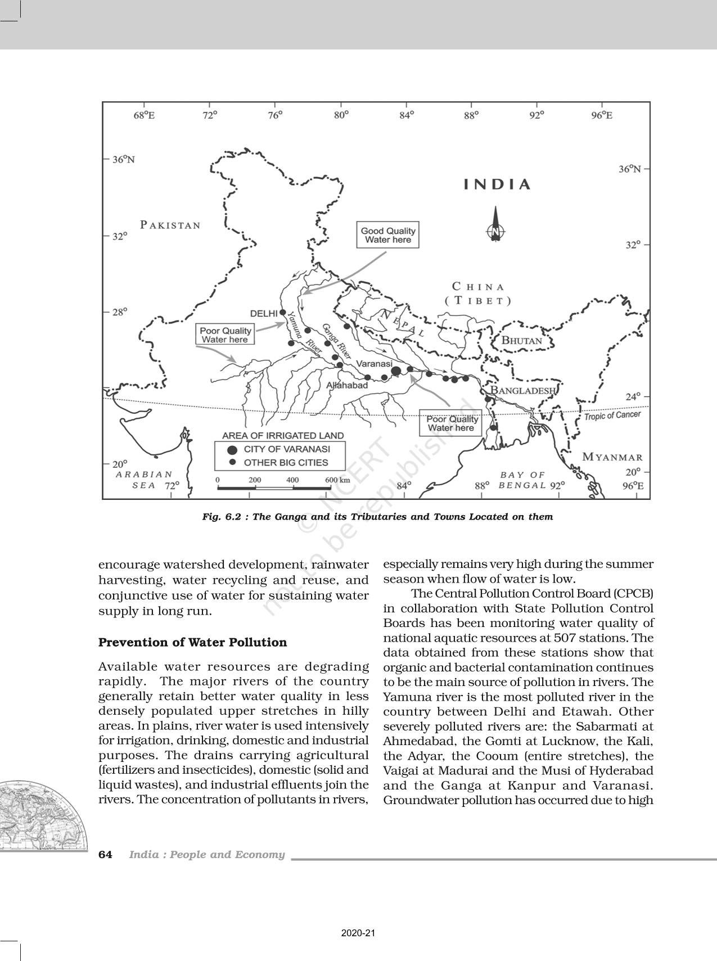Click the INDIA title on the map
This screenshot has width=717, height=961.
coord(497,184)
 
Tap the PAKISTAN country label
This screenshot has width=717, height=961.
coord(170,225)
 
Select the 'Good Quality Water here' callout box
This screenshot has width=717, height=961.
coord(388,235)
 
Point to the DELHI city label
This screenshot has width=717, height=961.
coord(264,313)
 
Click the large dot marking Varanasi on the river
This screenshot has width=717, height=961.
coord(396,371)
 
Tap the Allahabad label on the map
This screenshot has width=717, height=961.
coord(347,385)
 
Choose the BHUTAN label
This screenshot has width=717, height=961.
coord(521,340)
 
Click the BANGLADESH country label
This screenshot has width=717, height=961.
coord(523,390)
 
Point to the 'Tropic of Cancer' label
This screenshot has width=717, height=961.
coord(612,416)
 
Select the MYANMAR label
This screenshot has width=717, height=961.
coord(612,457)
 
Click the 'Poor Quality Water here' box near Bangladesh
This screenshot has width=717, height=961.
coord(450,423)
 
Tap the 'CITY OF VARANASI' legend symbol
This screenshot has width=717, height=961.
coord(232,449)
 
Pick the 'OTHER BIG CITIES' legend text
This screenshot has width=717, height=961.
coord(286,463)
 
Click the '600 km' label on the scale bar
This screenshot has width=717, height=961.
coord(337,480)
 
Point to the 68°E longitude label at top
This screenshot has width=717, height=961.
coord(144,115)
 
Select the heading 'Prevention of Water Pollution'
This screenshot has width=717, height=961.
coord(192,642)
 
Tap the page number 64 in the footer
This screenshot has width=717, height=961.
coord(105,855)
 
